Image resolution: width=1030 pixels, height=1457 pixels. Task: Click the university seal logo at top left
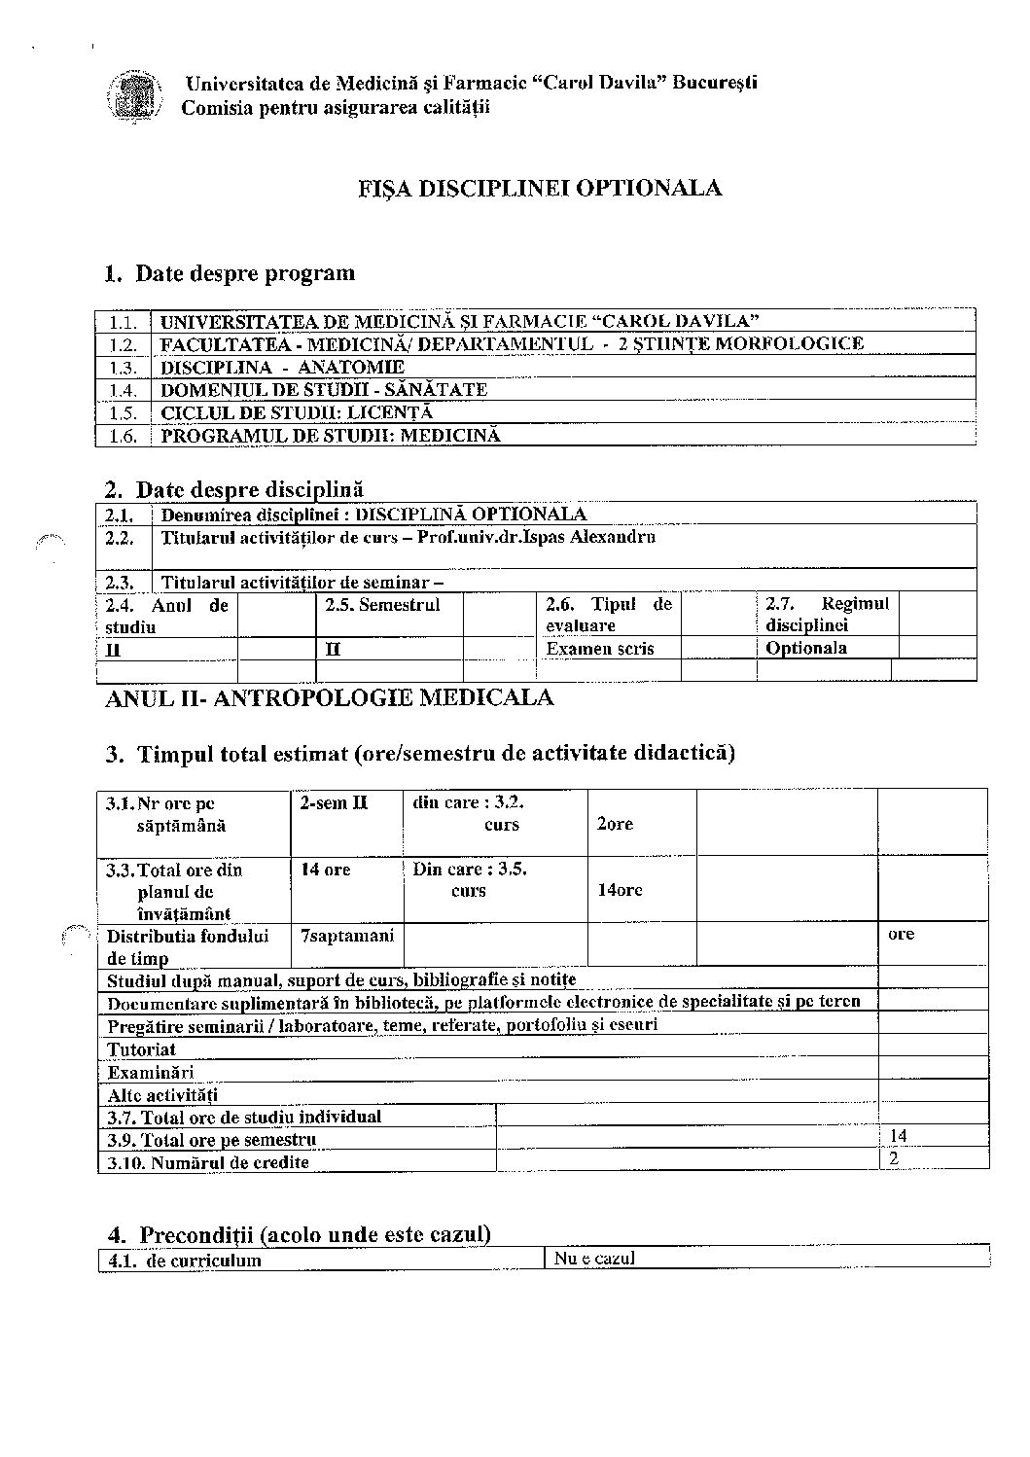(x=133, y=95)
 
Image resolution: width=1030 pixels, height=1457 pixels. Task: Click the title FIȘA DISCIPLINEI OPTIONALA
(x=539, y=188)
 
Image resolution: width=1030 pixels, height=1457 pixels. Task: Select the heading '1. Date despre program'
(x=230, y=273)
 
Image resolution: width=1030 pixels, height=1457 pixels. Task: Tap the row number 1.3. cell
(x=124, y=367)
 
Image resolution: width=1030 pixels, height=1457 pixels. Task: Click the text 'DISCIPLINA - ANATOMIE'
(x=282, y=367)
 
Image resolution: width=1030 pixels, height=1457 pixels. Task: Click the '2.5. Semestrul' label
(x=382, y=605)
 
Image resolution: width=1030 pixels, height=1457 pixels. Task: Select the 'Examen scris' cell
(x=600, y=648)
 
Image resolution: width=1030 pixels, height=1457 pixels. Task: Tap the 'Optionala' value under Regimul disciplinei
(x=806, y=648)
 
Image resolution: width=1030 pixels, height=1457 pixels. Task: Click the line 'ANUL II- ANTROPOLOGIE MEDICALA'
(x=329, y=697)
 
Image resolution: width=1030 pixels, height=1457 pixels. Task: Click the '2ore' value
(x=615, y=824)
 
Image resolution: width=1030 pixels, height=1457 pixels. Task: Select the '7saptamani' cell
(x=347, y=936)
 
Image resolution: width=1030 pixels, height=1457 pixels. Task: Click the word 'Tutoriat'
(x=142, y=1049)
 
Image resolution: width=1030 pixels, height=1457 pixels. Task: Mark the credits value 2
(x=894, y=1158)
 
